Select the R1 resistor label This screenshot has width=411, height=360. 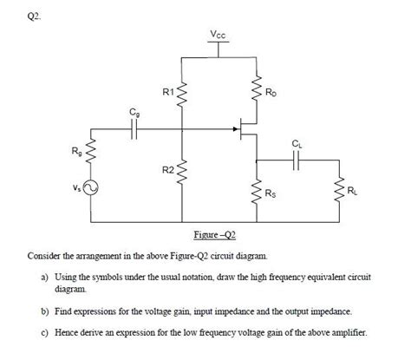tap(167, 90)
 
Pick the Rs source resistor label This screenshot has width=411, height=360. tap(271, 193)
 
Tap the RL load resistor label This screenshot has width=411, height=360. tap(350, 190)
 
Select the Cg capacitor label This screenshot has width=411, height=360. tap(133, 114)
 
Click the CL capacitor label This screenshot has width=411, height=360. tap(298, 143)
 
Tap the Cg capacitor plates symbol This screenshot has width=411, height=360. tap(134, 130)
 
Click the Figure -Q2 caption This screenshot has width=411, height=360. tap(215, 235)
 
